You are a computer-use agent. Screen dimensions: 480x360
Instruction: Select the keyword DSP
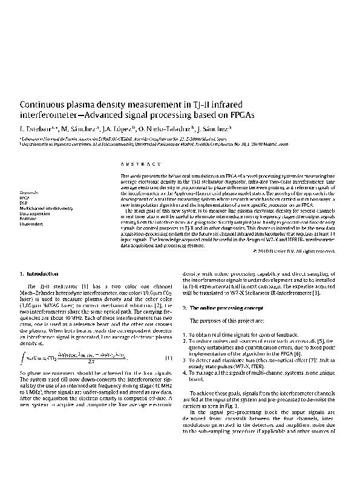[x=24, y=203]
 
